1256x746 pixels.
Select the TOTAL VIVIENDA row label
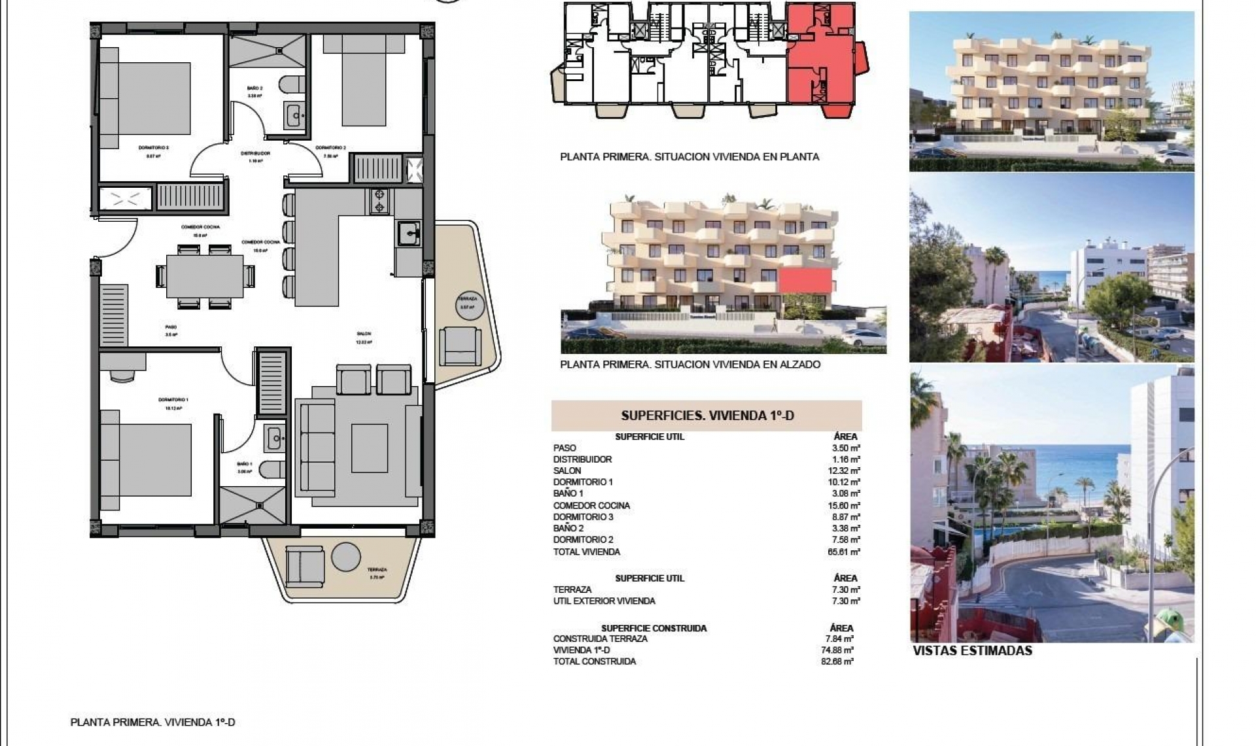(x=586, y=552)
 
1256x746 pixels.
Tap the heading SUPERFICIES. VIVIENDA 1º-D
(x=706, y=416)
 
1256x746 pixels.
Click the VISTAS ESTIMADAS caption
(x=972, y=651)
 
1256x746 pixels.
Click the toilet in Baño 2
(x=290, y=84)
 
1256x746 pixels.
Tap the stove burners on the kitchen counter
(x=379, y=202)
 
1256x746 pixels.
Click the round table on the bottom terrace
(x=345, y=558)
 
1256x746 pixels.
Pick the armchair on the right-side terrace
(x=460, y=345)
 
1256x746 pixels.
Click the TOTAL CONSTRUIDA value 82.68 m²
(x=840, y=662)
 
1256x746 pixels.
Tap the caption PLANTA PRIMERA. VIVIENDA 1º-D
(x=152, y=722)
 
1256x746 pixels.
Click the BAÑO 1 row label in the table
(x=568, y=493)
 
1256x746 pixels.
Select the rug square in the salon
(x=370, y=448)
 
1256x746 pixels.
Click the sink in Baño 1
(x=275, y=438)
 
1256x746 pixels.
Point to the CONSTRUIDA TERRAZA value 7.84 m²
(x=840, y=639)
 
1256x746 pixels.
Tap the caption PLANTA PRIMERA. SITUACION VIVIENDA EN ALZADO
(x=689, y=364)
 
